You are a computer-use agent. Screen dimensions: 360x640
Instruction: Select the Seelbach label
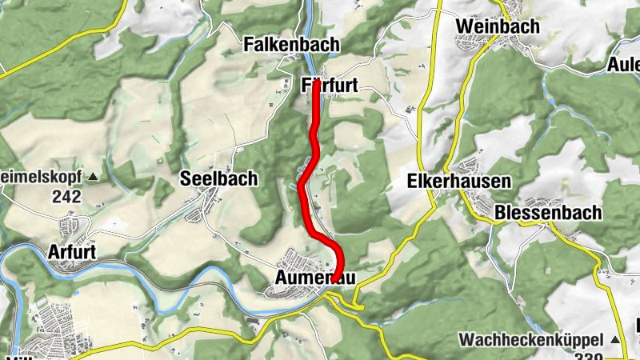[218, 178]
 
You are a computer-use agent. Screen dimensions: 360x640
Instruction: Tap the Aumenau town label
[313, 278]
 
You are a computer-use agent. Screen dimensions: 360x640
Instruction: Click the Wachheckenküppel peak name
[529, 340]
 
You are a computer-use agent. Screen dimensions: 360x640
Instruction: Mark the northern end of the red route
[317, 82]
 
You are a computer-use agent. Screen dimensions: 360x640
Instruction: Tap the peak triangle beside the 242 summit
[94, 176]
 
